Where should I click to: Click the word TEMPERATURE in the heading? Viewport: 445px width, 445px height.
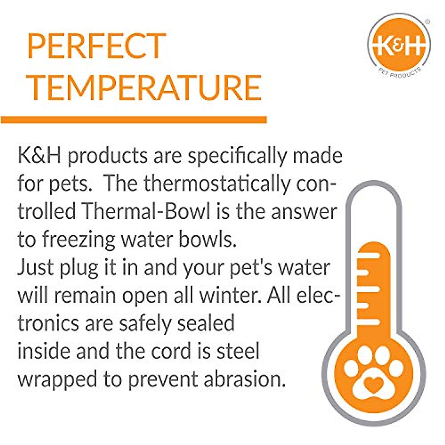point(145,87)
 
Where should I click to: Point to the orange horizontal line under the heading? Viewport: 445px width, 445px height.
point(133,120)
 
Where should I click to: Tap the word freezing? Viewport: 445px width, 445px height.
point(79,240)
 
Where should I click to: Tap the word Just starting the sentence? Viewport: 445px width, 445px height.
point(34,268)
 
